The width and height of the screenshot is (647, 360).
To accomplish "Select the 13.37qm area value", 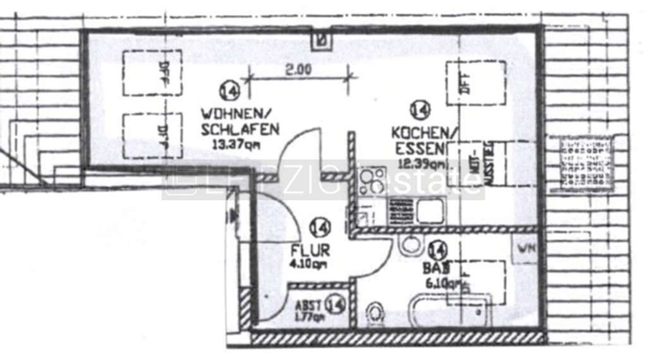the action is point(237,144).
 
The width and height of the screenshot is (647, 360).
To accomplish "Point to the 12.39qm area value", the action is point(421,164).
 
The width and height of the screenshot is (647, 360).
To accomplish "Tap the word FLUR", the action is point(310,250).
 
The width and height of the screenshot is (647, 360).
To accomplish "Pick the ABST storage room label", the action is point(310,302).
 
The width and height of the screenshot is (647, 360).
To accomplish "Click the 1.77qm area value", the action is point(308,316).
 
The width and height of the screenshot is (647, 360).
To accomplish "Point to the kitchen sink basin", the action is point(430,210).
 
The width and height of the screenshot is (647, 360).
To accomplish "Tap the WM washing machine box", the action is point(526,248).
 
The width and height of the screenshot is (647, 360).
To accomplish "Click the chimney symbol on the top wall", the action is point(322,41).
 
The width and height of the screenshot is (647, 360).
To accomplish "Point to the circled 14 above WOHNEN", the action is point(229,91).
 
